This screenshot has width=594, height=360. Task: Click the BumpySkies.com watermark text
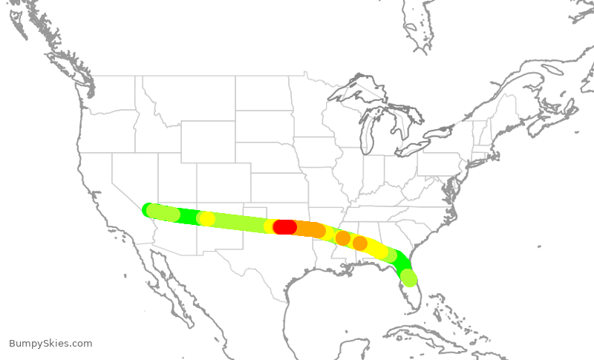point(50,344)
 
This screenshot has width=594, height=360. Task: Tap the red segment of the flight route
point(285,227)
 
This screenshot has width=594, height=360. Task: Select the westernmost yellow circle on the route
point(207,219)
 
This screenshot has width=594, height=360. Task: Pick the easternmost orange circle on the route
point(359,243)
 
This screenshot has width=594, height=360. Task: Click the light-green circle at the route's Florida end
point(408,278)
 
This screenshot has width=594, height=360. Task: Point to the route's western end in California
point(148,210)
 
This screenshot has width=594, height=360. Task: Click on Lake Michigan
point(368,134)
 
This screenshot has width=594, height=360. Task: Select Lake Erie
point(416,150)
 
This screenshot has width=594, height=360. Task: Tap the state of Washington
point(104,93)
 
